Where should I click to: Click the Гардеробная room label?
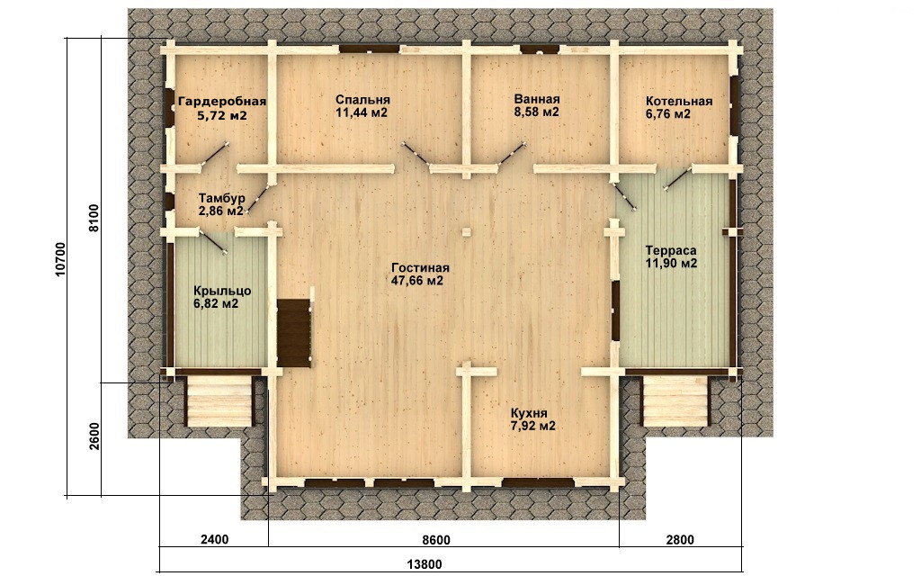click(x=222, y=101)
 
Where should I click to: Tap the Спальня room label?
click(x=363, y=100)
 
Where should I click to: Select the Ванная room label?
click(x=537, y=99)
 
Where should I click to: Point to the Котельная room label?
click(x=678, y=101)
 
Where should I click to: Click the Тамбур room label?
click(x=221, y=197)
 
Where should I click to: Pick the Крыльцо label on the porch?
click(x=222, y=291)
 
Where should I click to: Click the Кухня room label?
click(x=529, y=412)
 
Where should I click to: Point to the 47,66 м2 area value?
click(x=417, y=281)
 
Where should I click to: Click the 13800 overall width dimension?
click(x=425, y=564)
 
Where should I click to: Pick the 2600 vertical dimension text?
click(x=95, y=436)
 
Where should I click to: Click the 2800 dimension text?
click(x=679, y=540)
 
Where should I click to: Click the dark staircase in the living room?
click(x=294, y=332)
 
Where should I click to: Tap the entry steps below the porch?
click(x=219, y=402)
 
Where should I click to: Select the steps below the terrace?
click(x=675, y=401)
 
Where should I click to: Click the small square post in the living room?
click(x=467, y=231)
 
